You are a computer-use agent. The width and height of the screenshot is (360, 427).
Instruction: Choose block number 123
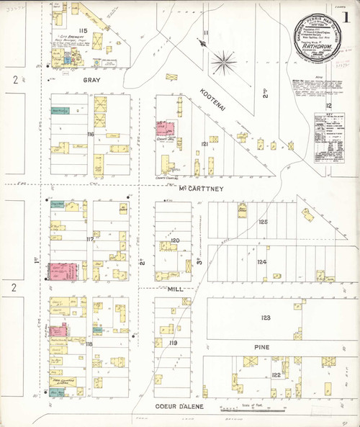pos(266,318)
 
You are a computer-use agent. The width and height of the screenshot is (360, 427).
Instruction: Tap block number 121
pos(205,145)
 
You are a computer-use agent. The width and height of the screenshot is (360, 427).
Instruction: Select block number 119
pos(173,343)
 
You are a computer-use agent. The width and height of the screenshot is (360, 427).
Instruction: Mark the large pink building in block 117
pos(63,272)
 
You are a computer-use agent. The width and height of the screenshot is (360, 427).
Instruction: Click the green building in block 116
pos(61,111)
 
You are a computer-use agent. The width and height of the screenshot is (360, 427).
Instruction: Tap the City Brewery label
pos(66,35)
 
